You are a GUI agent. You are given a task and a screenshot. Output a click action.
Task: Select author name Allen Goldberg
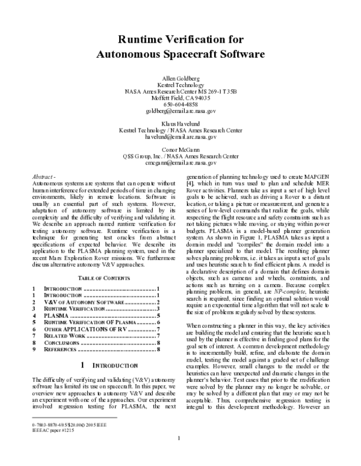pyautogui.click(x=180, y=78)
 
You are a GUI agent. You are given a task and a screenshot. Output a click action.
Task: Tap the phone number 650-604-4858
pyautogui.click(x=180, y=104)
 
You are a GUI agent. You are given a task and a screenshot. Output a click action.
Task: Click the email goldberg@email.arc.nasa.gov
pyautogui.click(x=180, y=111)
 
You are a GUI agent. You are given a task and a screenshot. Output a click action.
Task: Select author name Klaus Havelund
pyautogui.click(x=180, y=123)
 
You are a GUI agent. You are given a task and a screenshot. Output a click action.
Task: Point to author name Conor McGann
pyautogui.click(x=180, y=149)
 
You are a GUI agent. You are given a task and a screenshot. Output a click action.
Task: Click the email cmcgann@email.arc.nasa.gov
pyautogui.click(x=180, y=162)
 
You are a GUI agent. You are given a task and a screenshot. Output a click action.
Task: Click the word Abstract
pyautogui.click(x=43, y=177)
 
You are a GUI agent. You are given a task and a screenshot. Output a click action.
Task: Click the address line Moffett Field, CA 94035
pyautogui.click(x=180, y=98)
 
